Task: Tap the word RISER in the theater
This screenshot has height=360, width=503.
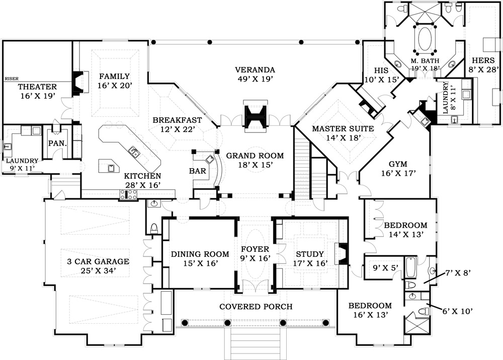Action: (x=11, y=79)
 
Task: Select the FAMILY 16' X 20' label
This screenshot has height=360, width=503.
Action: (x=115, y=81)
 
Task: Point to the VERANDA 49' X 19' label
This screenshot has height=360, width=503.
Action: (x=256, y=74)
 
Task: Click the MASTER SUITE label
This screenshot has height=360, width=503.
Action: (x=343, y=133)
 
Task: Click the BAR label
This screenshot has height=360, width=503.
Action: (x=198, y=171)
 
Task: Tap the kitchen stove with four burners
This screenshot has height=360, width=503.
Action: (x=128, y=195)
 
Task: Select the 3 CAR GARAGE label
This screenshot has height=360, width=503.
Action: (x=99, y=266)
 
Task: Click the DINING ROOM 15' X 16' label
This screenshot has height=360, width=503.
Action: (x=200, y=258)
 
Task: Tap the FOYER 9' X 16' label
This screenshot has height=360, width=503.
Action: (x=255, y=253)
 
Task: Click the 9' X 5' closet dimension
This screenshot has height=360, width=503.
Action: (x=381, y=267)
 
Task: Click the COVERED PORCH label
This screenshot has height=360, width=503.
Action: (x=256, y=306)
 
